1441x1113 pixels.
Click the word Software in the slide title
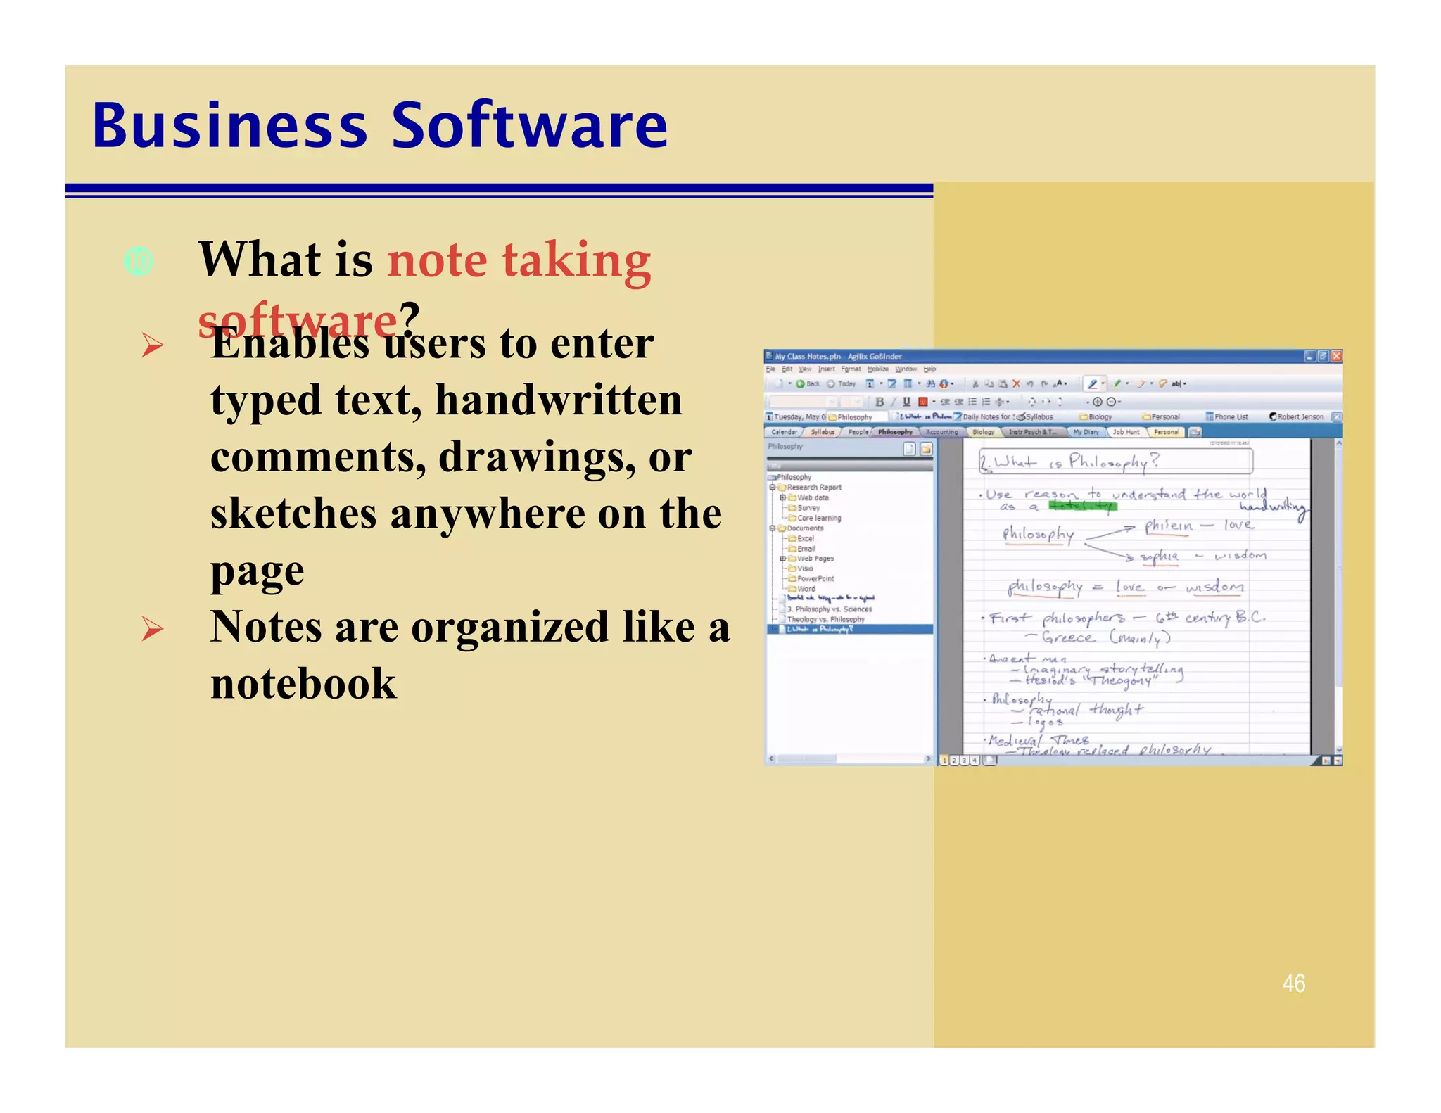coord(529,126)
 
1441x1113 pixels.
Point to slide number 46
coord(1293,983)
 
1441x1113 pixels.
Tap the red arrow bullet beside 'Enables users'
coord(152,345)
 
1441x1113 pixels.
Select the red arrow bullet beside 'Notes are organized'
coord(152,628)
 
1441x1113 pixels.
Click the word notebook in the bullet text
coord(303,683)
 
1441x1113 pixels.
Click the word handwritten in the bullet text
coord(559,400)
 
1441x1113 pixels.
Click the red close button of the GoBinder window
coord(1336,356)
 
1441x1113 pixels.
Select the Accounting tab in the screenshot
coord(941,432)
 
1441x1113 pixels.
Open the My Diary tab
coord(1086,432)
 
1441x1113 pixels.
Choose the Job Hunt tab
coord(1126,432)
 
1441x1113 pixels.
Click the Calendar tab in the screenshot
coord(784,432)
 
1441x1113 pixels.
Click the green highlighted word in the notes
coord(1082,506)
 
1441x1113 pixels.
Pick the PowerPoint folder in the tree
coord(815,579)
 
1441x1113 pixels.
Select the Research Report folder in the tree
coord(813,487)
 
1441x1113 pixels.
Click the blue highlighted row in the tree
coord(850,629)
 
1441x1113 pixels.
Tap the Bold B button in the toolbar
coord(880,402)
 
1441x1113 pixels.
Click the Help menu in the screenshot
coord(929,369)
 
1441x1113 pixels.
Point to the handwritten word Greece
coord(1068,637)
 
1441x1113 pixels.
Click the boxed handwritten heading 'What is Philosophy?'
coord(1115,462)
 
